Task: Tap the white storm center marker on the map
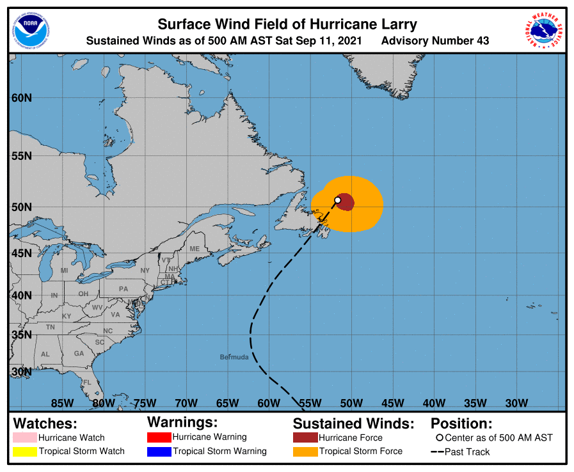pos(338,200)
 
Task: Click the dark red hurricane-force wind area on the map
pos(346,201)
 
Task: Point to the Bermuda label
pos(234,357)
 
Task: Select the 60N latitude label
pos(22,98)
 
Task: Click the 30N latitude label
pos(22,372)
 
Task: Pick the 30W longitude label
pos(516,403)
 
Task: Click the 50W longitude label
pos(351,403)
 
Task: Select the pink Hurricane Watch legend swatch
pos(24,438)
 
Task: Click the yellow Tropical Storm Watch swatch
pos(24,452)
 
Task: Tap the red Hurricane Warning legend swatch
pos(159,437)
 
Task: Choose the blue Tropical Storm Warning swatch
pos(159,452)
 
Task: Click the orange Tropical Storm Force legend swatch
pos(305,452)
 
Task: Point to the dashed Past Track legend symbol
pos(437,452)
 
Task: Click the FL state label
pos(87,382)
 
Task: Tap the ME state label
pos(195,249)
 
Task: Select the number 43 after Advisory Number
pos(482,41)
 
